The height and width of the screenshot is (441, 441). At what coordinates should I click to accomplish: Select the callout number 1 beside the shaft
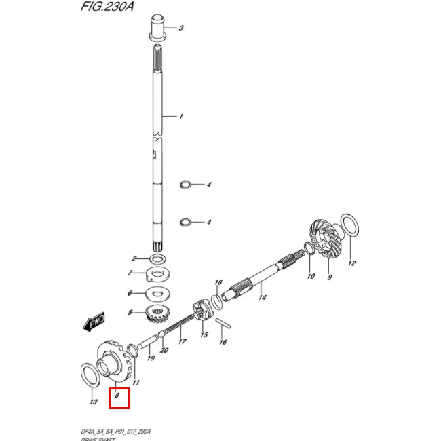pyautogui.click(x=180, y=116)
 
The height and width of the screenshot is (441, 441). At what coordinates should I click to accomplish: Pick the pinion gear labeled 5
pyautogui.click(x=157, y=314)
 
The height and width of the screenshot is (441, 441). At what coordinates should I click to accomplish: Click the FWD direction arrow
pyautogui.click(x=93, y=323)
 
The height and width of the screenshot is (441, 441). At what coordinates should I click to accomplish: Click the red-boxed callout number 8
pyautogui.click(x=119, y=396)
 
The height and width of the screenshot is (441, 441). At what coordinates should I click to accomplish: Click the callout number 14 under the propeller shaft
pyautogui.click(x=262, y=297)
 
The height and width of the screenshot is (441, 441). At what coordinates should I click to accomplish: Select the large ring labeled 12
pyautogui.click(x=349, y=227)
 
